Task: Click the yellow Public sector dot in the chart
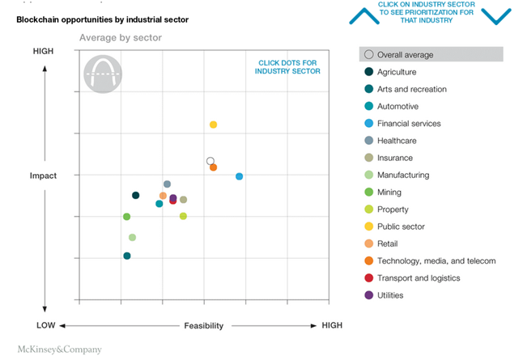[213, 125]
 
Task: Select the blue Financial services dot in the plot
[239, 176]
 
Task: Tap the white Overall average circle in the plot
[210, 161]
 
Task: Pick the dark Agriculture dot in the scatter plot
[135, 195]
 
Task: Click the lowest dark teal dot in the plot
[127, 256]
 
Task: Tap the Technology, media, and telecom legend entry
[436, 260]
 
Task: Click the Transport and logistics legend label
[419, 277]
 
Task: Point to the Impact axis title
[44, 176]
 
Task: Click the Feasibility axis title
[203, 325]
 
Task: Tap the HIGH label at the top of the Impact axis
[44, 51]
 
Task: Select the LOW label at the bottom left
[45, 325]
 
